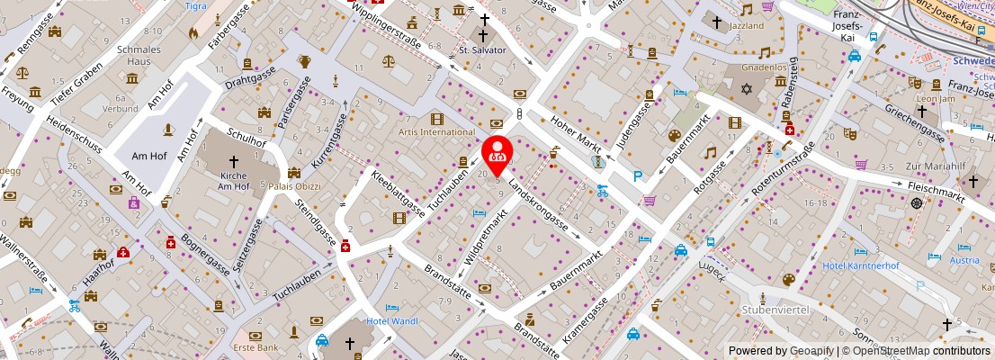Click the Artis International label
tap(436, 132)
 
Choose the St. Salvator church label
tap(483, 49)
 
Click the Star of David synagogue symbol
tap(745, 90)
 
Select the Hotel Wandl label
tap(393, 321)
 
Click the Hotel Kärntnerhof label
tap(861, 265)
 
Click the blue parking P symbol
tap(638, 176)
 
